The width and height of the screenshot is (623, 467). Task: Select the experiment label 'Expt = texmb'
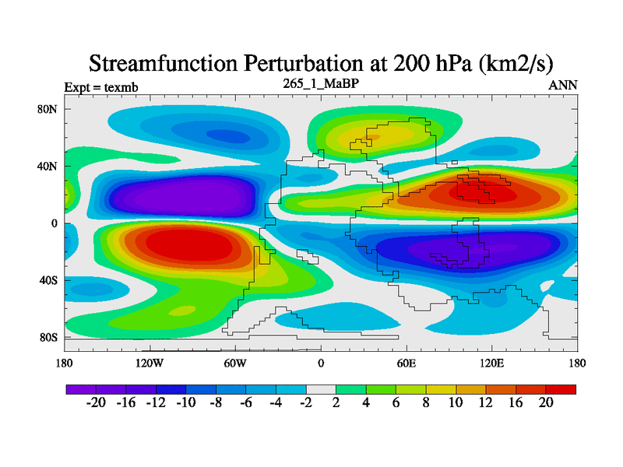click(101, 86)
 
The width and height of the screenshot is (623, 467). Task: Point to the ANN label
click(563, 86)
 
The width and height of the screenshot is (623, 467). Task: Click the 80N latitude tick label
click(48, 109)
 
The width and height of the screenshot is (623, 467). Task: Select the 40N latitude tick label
click(48, 167)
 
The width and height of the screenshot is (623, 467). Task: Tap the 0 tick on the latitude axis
click(55, 223)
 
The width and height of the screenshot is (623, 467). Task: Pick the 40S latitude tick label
click(48, 280)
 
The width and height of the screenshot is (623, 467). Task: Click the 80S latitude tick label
click(48, 338)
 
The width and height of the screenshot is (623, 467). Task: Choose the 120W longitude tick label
click(150, 363)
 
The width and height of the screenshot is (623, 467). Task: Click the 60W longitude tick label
click(235, 363)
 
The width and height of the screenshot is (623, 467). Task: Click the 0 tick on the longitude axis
click(321, 363)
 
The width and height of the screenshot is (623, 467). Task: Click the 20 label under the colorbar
click(546, 402)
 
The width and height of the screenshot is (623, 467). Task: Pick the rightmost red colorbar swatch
click(561, 388)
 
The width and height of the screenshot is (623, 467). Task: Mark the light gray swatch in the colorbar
click(321, 388)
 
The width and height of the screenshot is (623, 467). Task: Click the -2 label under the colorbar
click(306, 402)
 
